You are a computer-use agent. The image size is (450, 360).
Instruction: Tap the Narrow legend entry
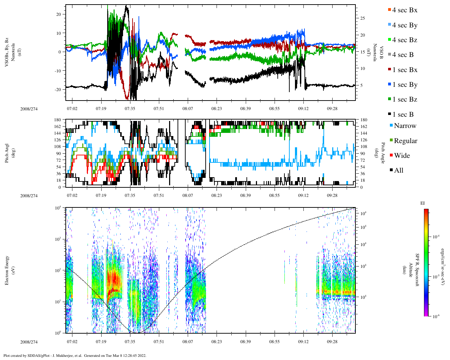[x=405, y=126]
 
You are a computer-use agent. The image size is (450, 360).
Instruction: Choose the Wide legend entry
[x=401, y=156]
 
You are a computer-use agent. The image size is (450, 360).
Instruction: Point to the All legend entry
[x=398, y=171]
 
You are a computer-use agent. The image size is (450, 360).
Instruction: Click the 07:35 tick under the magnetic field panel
[x=130, y=109]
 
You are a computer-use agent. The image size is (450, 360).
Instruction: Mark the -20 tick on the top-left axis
[x=57, y=89]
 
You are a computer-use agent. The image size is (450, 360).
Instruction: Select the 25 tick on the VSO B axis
[x=362, y=18]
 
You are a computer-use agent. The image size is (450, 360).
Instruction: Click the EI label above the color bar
[x=423, y=203]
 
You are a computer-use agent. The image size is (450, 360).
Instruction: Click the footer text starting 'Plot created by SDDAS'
[x=75, y=355]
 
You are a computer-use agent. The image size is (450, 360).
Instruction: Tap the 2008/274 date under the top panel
[x=29, y=109]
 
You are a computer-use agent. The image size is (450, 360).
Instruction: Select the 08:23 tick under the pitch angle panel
[x=217, y=195]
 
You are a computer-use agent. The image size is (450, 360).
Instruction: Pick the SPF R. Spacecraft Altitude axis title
[x=414, y=270]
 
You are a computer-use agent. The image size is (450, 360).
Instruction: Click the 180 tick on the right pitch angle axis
[x=364, y=120]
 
